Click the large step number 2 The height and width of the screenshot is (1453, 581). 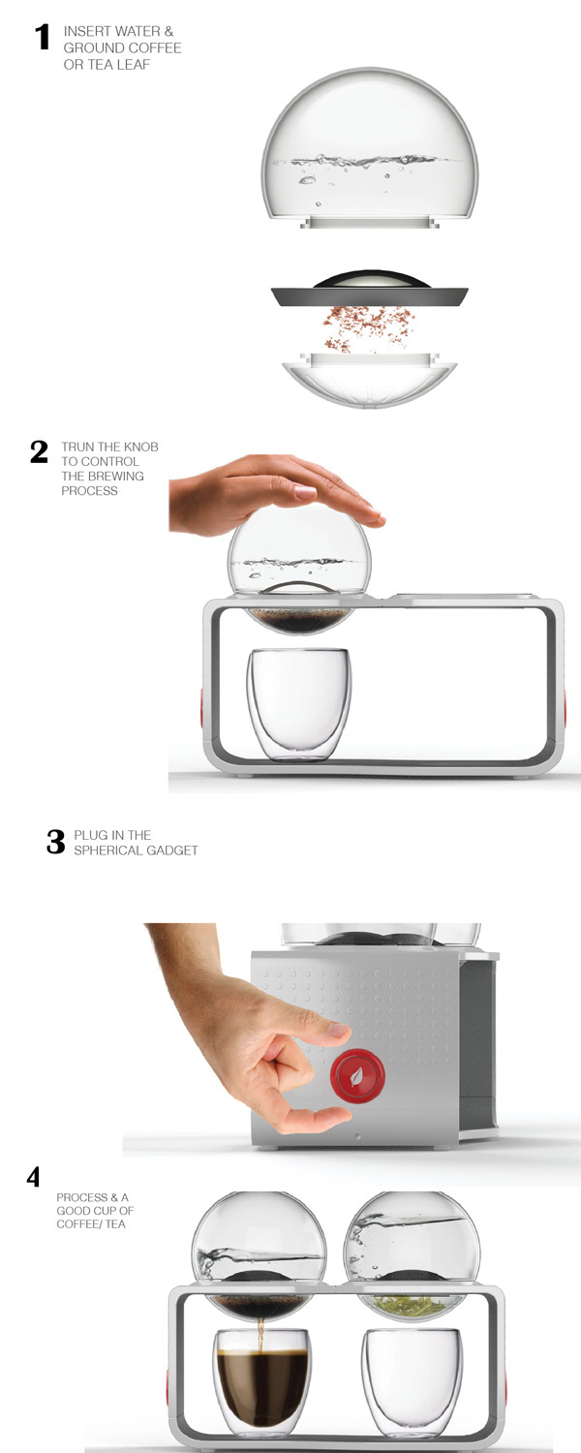click(x=39, y=451)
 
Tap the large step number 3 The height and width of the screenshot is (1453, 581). click(x=55, y=842)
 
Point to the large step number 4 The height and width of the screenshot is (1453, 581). click(x=34, y=1178)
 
